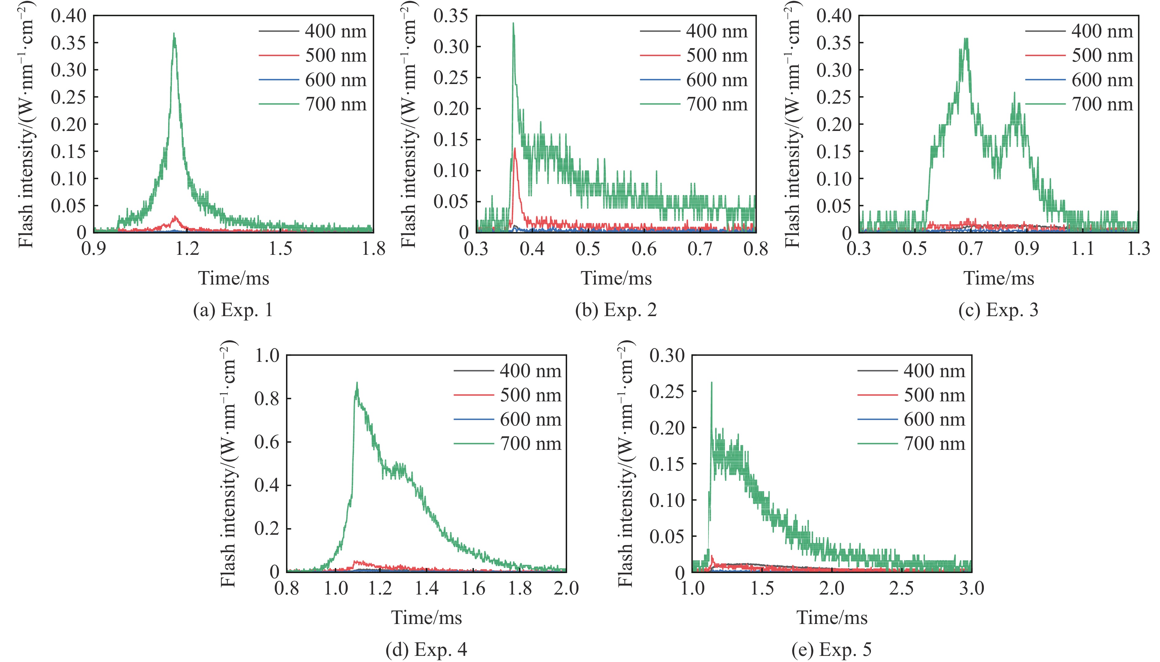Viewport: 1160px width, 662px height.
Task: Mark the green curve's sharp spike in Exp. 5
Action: coord(711,383)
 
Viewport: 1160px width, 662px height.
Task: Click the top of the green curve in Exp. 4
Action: coord(357,383)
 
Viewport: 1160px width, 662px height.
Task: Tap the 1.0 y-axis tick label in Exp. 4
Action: coord(267,355)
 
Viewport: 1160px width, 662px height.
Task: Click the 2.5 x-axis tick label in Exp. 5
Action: coord(902,588)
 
